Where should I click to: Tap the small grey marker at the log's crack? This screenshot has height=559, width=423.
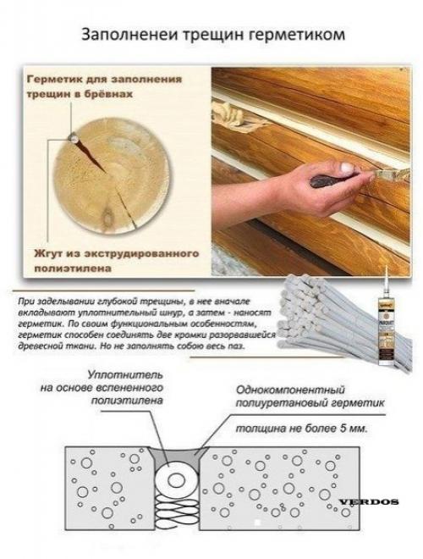[x=75, y=134]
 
